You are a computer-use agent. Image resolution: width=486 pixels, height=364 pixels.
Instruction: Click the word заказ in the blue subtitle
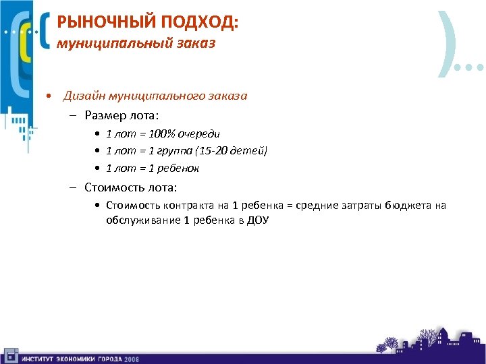(192, 44)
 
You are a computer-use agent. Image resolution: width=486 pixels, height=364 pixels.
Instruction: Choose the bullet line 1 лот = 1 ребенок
(153, 168)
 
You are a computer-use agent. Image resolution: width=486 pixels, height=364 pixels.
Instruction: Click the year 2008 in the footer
(131, 359)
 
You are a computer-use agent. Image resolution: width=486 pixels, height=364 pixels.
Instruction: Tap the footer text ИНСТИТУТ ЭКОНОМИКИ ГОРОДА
(71, 359)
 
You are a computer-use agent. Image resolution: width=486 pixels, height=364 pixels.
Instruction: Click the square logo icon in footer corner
(10, 355)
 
